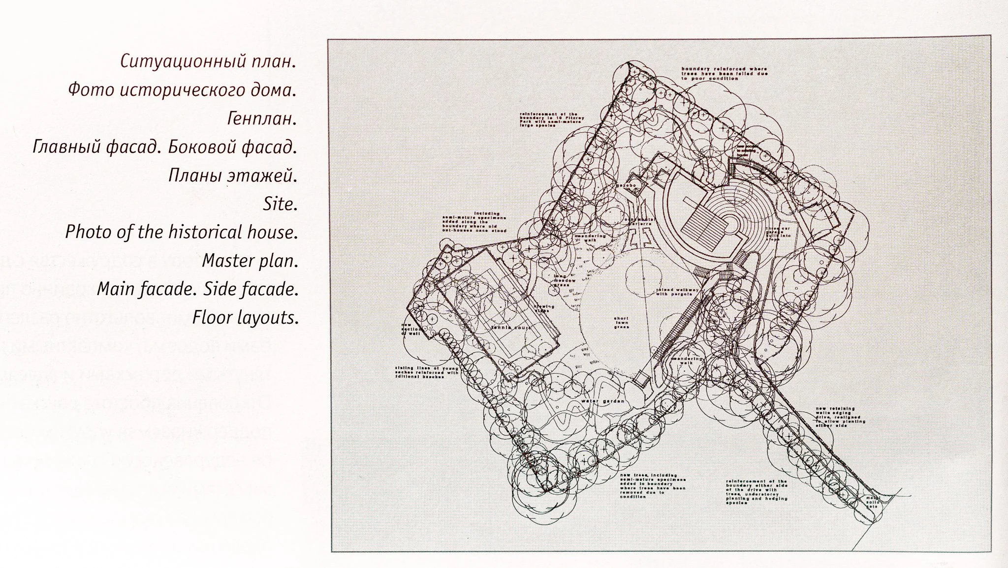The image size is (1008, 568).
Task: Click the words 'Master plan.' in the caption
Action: pyautogui.click(x=250, y=260)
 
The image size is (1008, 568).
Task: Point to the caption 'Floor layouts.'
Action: pyautogui.click(x=245, y=317)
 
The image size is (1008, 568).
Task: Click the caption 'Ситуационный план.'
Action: pyautogui.click(x=208, y=62)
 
